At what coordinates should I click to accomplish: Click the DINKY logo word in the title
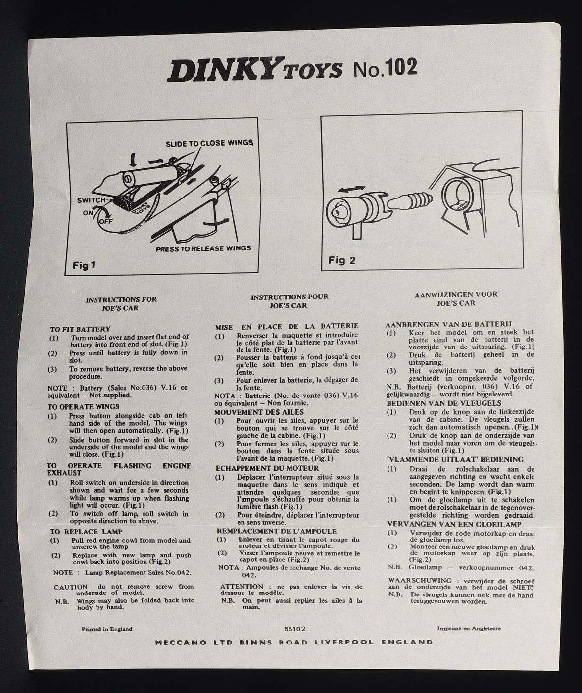[225, 70]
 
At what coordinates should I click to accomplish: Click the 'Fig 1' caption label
[84, 265]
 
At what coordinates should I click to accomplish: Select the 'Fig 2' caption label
[342, 260]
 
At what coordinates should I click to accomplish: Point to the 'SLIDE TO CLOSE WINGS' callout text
[209, 143]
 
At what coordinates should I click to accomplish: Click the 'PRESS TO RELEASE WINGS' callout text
[203, 248]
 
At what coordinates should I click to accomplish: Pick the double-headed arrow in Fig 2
[351, 190]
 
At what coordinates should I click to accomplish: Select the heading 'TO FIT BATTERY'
[80, 329]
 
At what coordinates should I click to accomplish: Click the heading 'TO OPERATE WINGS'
[83, 407]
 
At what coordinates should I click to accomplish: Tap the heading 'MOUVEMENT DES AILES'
[259, 412]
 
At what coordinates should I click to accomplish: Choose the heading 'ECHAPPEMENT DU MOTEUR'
[267, 468]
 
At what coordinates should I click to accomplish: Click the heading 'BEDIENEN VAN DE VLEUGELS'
[444, 403]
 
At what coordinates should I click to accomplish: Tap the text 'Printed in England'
[107, 629]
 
